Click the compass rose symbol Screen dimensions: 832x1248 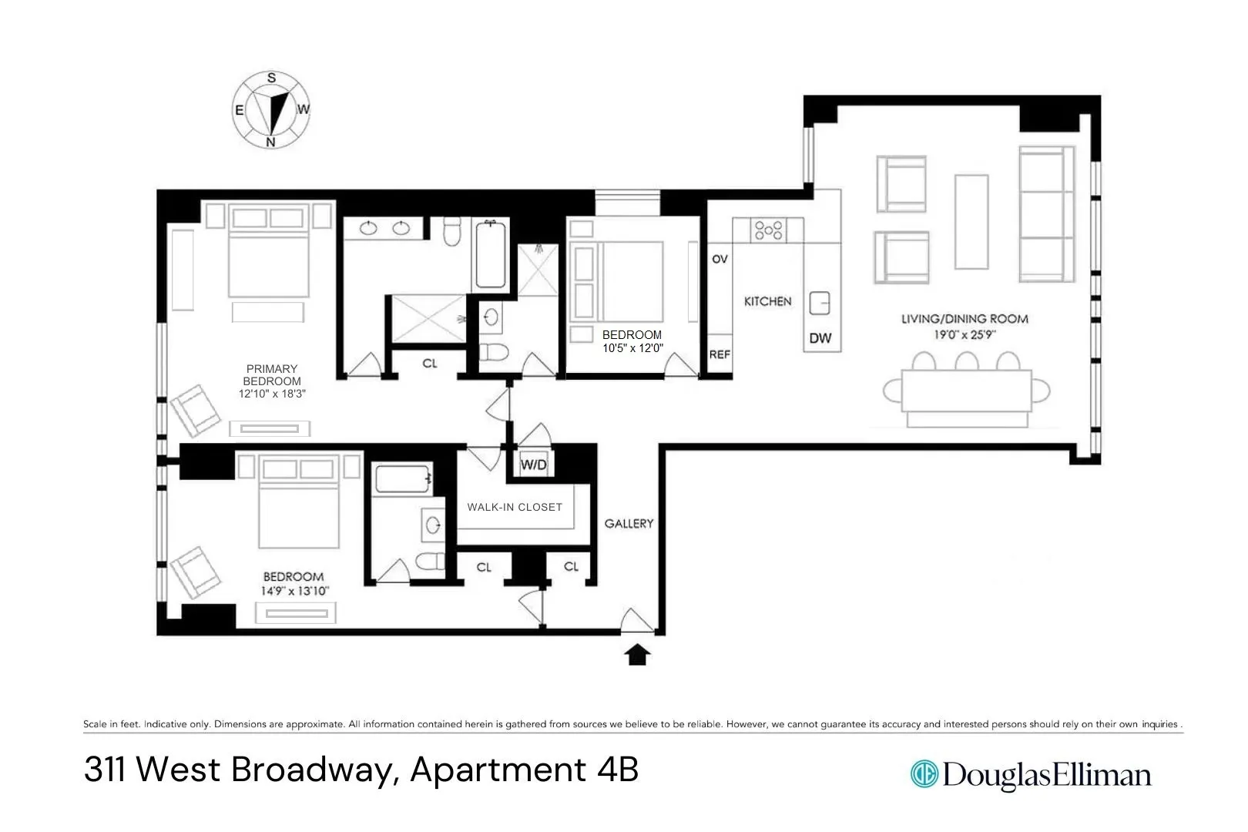pyautogui.click(x=271, y=110)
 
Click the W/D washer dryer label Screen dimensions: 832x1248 pyautogui.click(x=533, y=465)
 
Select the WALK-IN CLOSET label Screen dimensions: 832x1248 pyautogui.click(x=515, y=507)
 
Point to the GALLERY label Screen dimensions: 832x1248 pyautogui.click(x=629, y=523)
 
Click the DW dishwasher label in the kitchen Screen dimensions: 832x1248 pyautogui.click(x=820, y=338)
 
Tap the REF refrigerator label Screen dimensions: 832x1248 pyautogui.click(x=720, y=354)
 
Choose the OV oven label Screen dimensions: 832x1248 pyautogui.click(x=720, y=260)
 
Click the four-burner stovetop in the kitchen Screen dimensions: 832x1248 pyautogui.click(x=768, y=230)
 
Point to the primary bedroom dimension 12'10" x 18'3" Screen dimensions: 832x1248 pyautogui.click(x=271, y=393)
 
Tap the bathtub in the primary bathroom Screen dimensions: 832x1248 pyautogui.click(x=490, y=254)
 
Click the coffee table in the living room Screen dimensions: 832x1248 pyautogui.click(x=971, y=221)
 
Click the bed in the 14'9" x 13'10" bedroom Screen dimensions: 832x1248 pyautogui.click(x=299, y=508)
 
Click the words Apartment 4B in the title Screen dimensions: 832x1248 pyautogui.click(x=524, y=770)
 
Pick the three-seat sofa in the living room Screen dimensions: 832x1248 pyautogui.click(x=1046, y=213)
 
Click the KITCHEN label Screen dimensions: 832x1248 pyautogui.click(x=767, y=301)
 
